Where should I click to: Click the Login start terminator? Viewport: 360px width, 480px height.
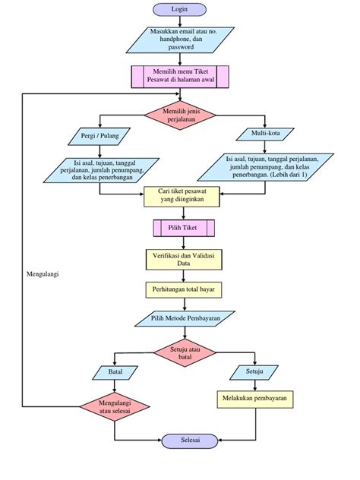pos(179,9)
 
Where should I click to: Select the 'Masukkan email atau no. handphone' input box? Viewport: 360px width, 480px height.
pos(180,40)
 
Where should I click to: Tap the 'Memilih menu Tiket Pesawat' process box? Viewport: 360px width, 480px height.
pos(180,77)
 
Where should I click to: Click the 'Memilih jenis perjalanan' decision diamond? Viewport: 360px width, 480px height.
pos(181,114)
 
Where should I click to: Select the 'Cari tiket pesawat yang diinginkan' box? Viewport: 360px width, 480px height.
pos(180,196)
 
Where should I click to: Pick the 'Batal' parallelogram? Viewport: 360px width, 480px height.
pos(115,373)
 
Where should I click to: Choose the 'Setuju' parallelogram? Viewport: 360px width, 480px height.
pos(254,372)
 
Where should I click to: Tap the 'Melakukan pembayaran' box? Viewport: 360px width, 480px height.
pos(254,399)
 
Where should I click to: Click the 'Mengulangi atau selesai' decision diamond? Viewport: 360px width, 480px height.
pos(114,406)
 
